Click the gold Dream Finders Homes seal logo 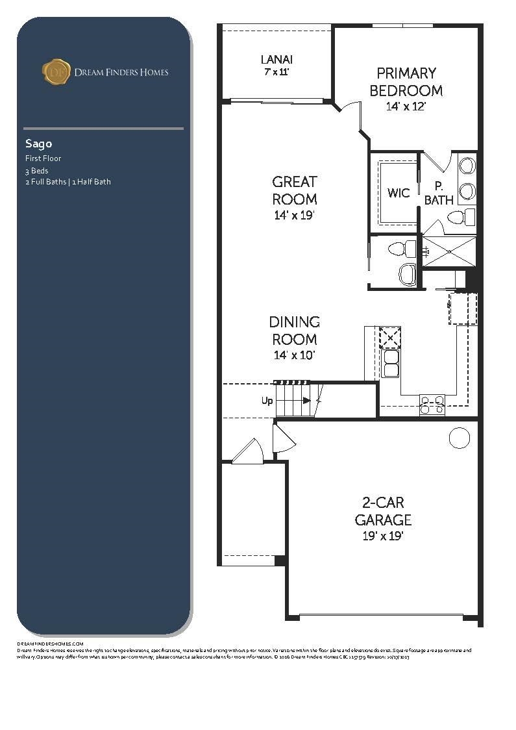56,71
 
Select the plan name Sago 38,144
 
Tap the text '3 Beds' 37,171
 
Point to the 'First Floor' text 43,158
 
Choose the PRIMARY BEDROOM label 406,82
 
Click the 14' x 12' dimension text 406,107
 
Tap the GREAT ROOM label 294,190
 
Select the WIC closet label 398,193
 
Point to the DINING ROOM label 294,331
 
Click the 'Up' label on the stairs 267,401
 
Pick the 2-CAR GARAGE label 383,511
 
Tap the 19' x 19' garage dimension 383,536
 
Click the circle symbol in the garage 460,438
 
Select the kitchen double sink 391,364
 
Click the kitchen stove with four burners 432,405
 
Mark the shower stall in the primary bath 449,251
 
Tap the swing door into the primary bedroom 350,110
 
